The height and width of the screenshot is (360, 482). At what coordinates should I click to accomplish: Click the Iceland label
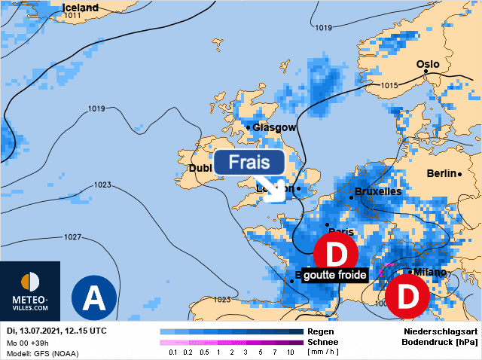pos(80,8)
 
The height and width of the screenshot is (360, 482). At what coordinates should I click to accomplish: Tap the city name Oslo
pos(428,64)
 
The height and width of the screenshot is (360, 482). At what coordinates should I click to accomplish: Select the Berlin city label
pos(441,173)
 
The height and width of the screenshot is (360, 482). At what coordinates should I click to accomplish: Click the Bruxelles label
pos(377,191)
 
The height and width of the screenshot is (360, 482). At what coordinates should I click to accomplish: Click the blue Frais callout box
pos(249,162)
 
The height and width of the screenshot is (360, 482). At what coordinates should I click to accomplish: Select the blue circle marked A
pos(93,297)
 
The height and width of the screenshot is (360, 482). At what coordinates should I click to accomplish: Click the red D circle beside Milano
pos(407,297)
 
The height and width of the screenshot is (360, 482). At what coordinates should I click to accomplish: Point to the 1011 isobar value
pos(73,15)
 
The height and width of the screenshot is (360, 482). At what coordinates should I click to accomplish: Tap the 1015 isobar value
pos(389,86)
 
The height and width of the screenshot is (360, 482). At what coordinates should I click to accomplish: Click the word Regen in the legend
pos(319,331)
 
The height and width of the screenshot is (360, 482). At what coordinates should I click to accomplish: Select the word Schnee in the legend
pos(322,342)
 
